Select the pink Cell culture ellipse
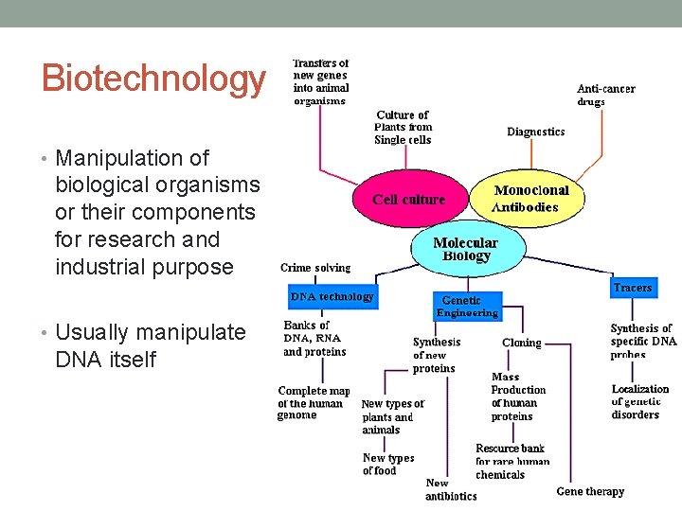(408, 200)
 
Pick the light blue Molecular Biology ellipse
(466, 249)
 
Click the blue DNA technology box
(332, 297)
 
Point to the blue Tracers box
(632, 288)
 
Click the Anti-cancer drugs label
(606, 95)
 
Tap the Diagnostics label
(535, 132)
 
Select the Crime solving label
(315, 268)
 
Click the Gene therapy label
(590, 491)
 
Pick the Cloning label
(521, 344)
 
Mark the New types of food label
(388, 464)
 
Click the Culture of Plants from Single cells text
(404, 127)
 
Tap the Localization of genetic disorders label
(639, 401)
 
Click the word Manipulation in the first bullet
(119, 158)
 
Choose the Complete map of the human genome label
(314, 402)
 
